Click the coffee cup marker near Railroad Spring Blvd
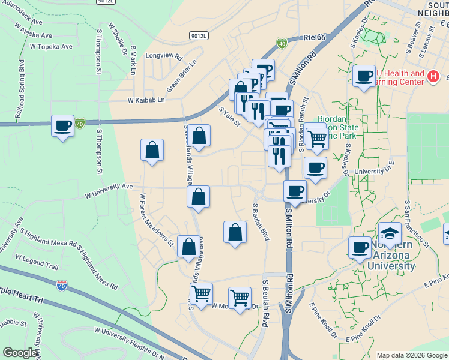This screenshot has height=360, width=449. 63,126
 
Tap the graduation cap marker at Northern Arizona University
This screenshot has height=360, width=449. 390,233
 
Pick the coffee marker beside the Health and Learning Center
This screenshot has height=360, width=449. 364,76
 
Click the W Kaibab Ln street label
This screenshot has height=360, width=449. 145,100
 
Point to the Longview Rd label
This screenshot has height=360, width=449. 163,56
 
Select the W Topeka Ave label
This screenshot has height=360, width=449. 50,46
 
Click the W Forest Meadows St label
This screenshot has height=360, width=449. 156,220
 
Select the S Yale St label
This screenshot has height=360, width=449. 229,116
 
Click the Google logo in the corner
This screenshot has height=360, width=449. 20,353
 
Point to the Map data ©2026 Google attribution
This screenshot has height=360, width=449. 412,355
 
